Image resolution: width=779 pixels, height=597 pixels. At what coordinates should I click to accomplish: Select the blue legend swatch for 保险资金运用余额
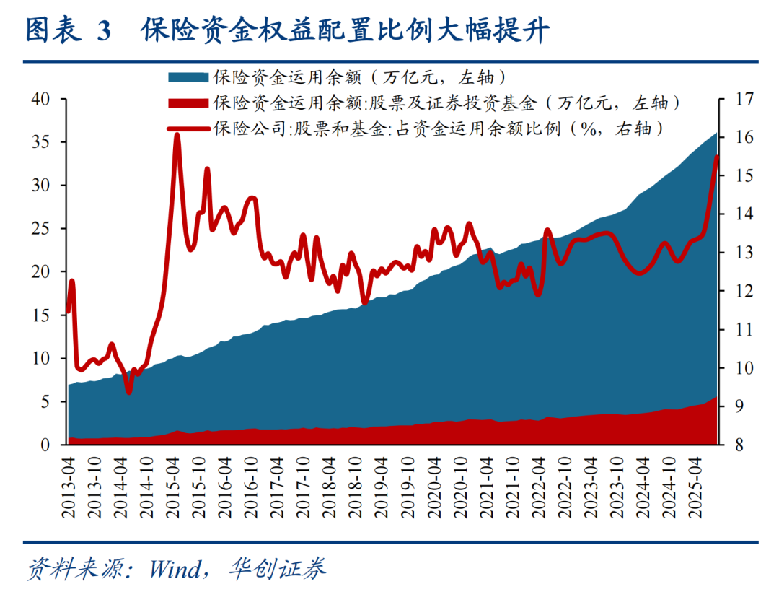(189, 77)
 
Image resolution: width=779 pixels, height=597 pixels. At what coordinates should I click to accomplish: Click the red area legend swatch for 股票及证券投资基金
(189, 103)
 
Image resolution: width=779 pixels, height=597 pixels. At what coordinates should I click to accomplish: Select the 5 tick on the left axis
(47, 402)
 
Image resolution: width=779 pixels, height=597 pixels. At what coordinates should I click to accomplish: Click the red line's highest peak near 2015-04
(177, 135)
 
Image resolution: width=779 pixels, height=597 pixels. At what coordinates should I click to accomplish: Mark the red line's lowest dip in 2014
(128, 392)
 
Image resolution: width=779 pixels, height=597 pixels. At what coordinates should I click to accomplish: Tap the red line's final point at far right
(717, 157)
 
